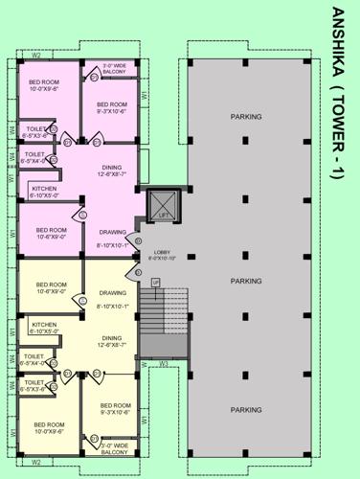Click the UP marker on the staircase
[154, 282]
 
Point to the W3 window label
[164, 364]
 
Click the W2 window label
[35, 56]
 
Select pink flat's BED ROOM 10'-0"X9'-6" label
[46, 85]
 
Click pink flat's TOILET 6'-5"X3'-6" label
[34, 132]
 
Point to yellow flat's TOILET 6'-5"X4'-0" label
[33, 361]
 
